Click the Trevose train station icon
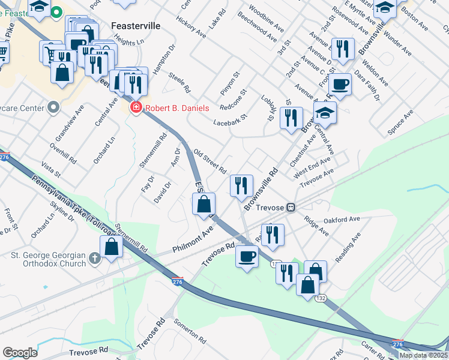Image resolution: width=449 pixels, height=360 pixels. [291, 208]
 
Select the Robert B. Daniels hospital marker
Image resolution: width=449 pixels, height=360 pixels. [136, 108]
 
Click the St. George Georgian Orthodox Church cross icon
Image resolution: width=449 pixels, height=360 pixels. [94, 259]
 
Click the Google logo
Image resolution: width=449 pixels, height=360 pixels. [20, 353]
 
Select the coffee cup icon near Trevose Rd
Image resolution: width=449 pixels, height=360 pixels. [246, 256]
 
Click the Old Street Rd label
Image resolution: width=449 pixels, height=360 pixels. [209, 161]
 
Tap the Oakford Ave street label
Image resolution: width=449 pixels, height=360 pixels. [342, 220]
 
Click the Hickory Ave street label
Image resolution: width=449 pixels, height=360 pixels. [191, 27]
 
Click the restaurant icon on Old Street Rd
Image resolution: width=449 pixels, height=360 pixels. [241, 185]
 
